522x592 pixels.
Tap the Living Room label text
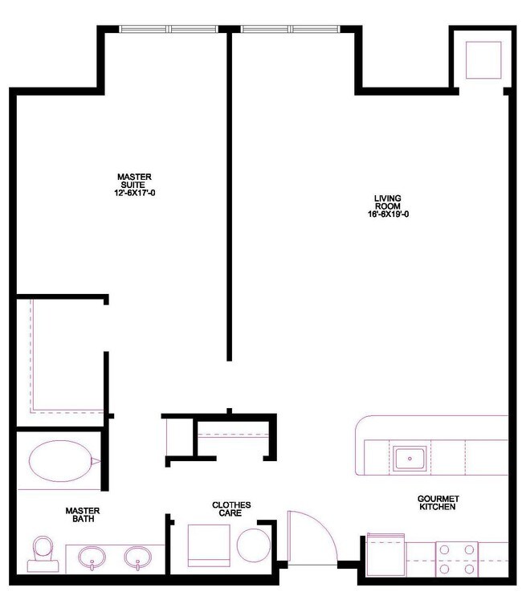(x=388, y=203)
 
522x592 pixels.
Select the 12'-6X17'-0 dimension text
(x=134, y=192)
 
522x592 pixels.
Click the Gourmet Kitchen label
(x=437, y=503)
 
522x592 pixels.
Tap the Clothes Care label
(x=231, y=510)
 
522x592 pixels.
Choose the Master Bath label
(x=83, y=515)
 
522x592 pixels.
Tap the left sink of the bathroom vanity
(x=92, y=556)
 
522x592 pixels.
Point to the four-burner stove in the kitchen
(x=456, y=557)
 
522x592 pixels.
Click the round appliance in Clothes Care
(x=253, y=545)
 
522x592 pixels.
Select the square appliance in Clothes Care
(x=210, y=545)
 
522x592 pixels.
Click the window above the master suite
(x=169, y=30)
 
